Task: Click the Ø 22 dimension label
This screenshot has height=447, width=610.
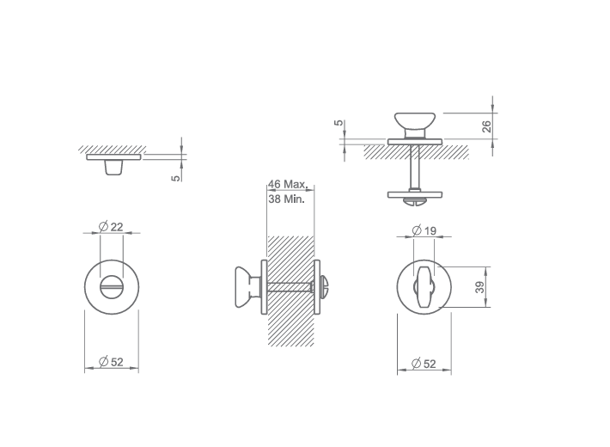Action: click(111, 227)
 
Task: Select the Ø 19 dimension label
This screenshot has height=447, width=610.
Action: click(424, 231)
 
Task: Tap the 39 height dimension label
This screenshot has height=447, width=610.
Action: click(480, 287)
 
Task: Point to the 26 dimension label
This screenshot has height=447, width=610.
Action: click(486, 126)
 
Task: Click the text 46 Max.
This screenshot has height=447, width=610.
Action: click(288, 184)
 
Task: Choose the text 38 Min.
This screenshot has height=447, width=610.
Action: click(286, 199)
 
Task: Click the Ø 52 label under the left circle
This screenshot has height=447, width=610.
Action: click(111, 362)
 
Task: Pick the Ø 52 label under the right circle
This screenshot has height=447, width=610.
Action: click(424, 364)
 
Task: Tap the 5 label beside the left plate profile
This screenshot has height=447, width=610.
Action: click(176, 178)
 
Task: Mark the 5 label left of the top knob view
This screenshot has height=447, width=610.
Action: click(339, 123)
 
